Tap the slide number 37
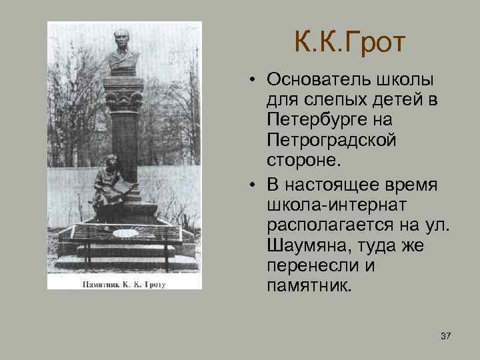445,335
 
